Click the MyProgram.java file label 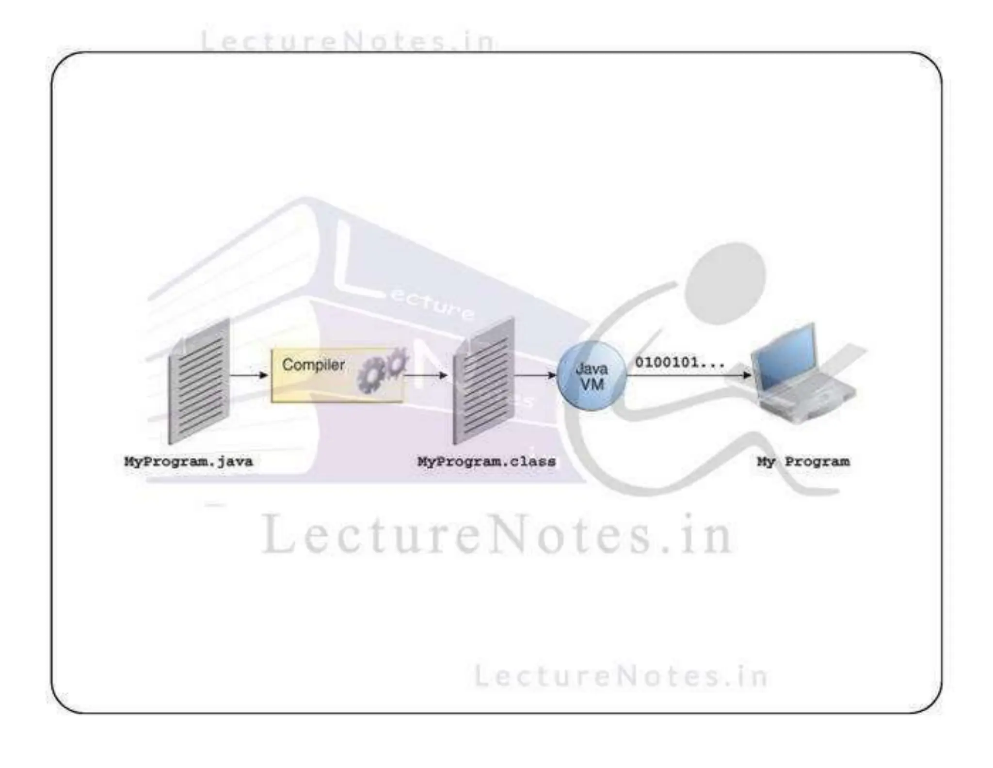point(188,461)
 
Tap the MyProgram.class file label point(486,461)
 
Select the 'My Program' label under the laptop point(803,461)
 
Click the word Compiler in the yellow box point(313,365)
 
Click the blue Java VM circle point(592,376)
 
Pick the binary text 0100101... point(679,362)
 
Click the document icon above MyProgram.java point(199,381)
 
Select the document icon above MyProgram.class point(483,381)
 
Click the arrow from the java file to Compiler point(248,375)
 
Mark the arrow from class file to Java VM point(535,375)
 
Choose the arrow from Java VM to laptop point(689,375)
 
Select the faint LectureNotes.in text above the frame point(348,41)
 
